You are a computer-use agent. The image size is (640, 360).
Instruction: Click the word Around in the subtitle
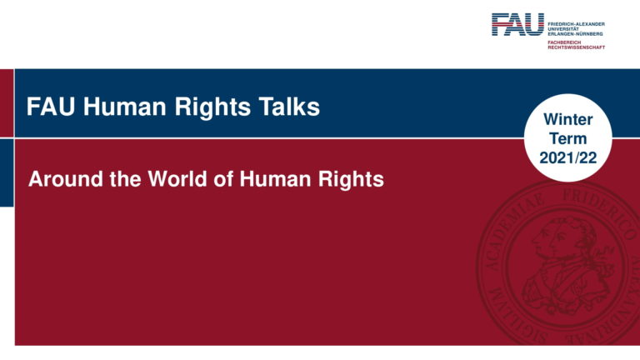coord(65,178)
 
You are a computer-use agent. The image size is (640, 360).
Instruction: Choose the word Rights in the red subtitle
coord(347,178)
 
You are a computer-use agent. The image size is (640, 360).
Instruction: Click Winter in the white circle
coord(567,121)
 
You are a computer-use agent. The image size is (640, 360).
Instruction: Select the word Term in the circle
coord(567,138)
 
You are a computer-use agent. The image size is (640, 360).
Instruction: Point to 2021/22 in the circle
coord(567,156)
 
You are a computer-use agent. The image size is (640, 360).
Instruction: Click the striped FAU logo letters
coord(517,24)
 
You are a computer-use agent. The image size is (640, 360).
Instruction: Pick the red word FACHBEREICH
coord(564,41)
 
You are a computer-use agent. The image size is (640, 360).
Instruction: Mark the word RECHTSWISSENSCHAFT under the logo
coord(576,47)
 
